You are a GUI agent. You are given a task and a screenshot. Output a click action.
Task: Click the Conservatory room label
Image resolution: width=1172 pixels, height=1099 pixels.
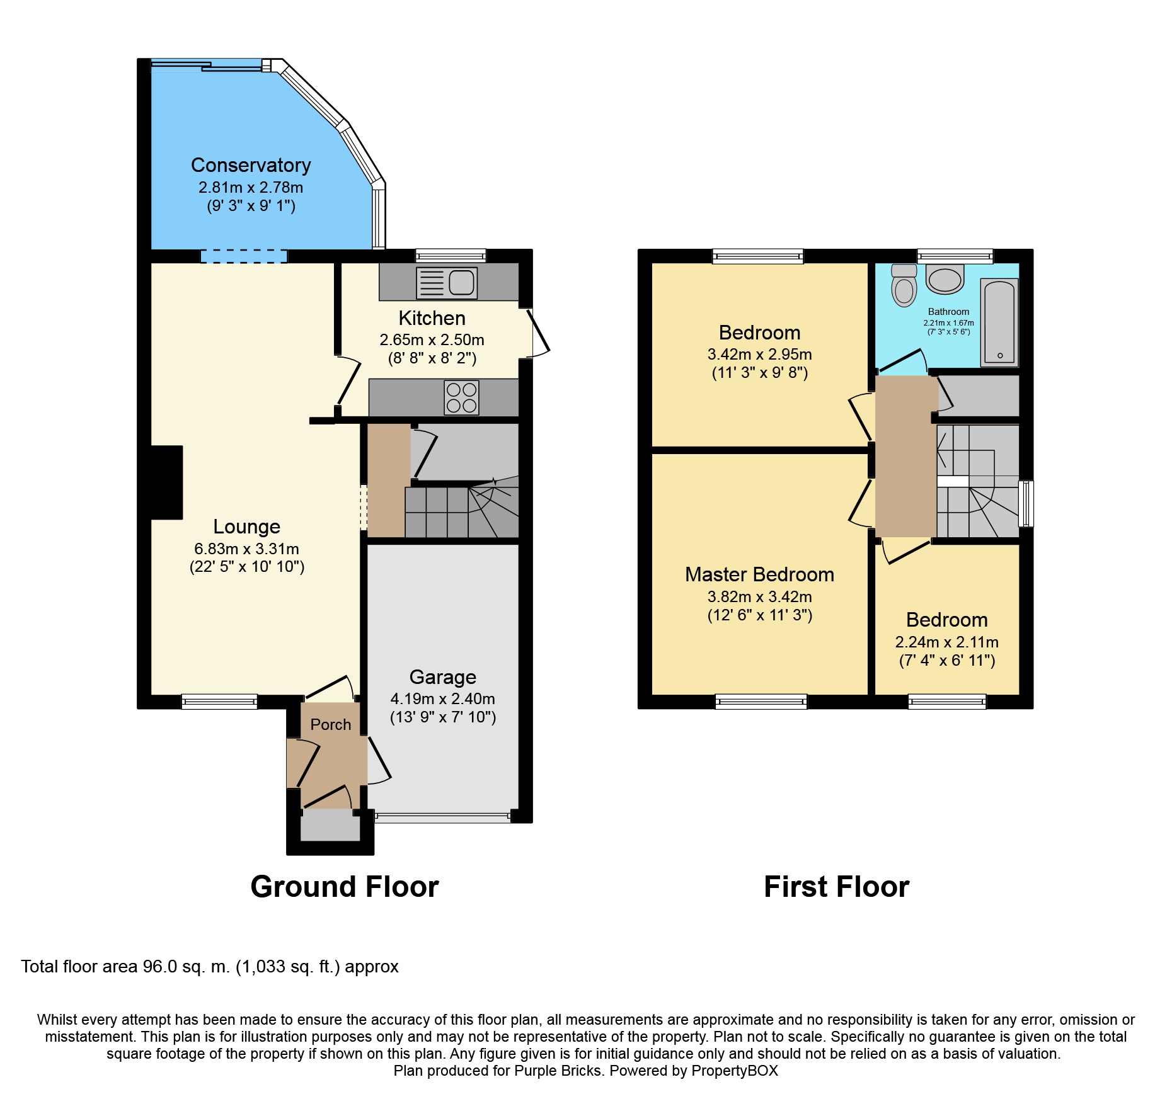point(251,165)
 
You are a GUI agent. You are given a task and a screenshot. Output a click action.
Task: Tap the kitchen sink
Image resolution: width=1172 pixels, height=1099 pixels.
point(446,283)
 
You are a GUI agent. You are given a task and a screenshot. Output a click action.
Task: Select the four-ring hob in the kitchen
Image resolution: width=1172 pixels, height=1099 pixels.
point(461,397)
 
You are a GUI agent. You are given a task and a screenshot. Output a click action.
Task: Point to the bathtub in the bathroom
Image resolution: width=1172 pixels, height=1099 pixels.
point(999,322)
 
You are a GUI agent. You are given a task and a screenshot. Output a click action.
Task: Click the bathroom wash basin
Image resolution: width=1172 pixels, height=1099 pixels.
point(945,278)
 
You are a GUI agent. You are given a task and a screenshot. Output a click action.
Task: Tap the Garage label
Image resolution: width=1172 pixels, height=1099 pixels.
point(442,677)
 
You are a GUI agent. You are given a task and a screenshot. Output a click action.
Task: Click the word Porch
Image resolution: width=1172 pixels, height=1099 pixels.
point(331,725)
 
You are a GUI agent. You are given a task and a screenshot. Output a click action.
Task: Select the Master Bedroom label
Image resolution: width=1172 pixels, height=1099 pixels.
point(759,574)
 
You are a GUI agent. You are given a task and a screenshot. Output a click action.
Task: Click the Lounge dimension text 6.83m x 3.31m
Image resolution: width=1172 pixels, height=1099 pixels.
point(247,549)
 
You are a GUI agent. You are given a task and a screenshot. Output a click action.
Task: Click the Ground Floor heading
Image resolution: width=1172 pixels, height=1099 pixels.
point(345,887)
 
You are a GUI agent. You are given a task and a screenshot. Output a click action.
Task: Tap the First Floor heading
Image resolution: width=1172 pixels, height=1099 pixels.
point(836,887)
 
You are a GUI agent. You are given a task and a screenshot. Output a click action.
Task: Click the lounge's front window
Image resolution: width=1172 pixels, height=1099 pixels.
point(219,702)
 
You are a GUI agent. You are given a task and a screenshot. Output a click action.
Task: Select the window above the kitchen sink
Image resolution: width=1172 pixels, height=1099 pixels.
point(451,256)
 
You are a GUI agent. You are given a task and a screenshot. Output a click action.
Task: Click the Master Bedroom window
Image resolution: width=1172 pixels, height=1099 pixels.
point(761,702)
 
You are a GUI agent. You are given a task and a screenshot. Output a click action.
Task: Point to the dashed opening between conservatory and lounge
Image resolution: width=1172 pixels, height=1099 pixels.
point(244,256)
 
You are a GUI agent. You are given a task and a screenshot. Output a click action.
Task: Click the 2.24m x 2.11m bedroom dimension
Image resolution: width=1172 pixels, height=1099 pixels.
point(946,642)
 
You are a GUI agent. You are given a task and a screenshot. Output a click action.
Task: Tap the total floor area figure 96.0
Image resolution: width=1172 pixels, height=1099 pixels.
point(160,967)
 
